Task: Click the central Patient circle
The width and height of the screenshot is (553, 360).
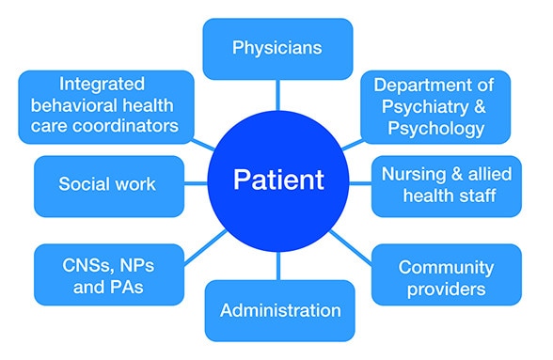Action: tap(278, 178)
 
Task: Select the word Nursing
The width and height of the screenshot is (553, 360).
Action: tap(412, 174)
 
